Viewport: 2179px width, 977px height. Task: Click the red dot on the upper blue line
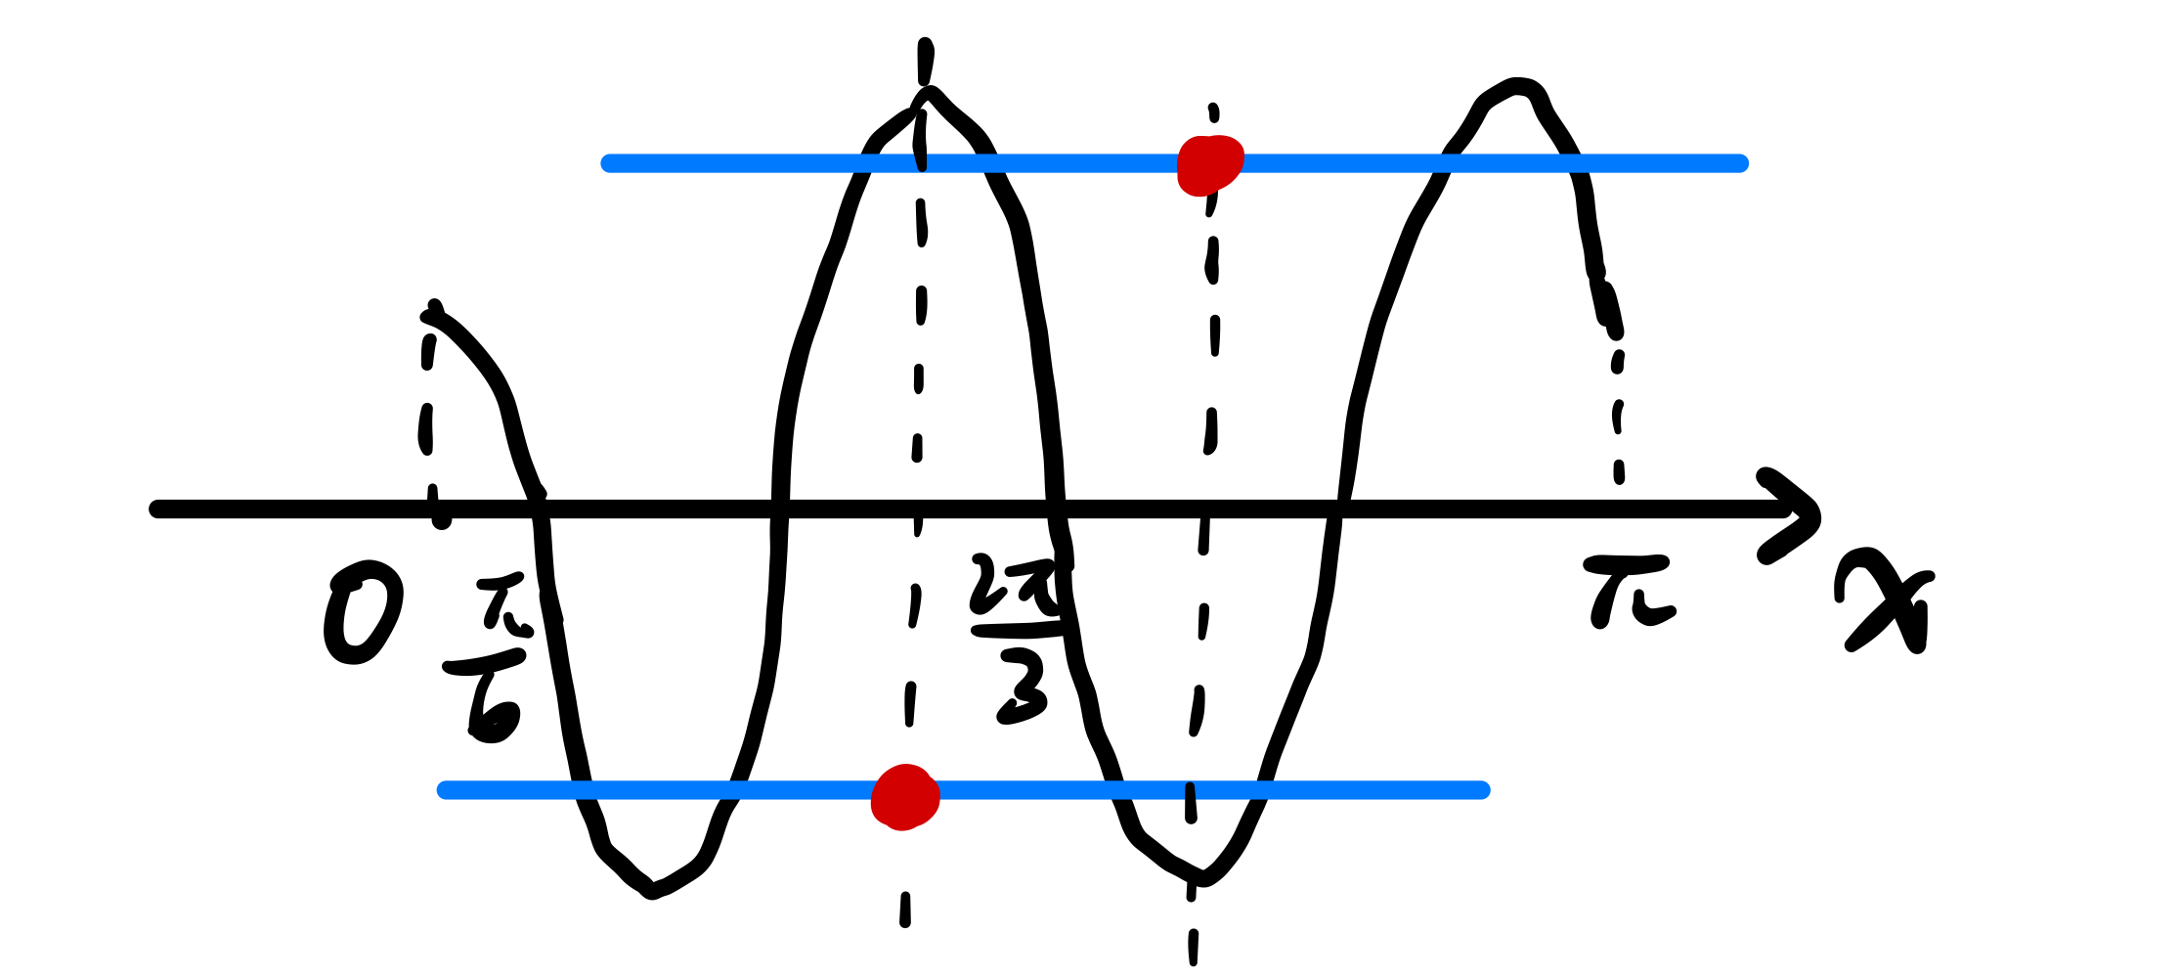point(1210,165)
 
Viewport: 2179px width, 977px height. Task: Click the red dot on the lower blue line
point(905,796)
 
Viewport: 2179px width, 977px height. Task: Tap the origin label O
point(362,613)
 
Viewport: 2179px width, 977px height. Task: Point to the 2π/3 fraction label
point(1018,636)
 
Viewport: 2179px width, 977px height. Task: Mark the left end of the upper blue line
point(608,163)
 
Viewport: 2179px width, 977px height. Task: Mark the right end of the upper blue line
point(1741,163)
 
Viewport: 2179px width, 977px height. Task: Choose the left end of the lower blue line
point(445,790)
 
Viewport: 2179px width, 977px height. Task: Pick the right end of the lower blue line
point(1483,790)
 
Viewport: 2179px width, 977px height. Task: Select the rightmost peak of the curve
point(1516,86)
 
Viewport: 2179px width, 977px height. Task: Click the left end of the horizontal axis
point(156,509)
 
